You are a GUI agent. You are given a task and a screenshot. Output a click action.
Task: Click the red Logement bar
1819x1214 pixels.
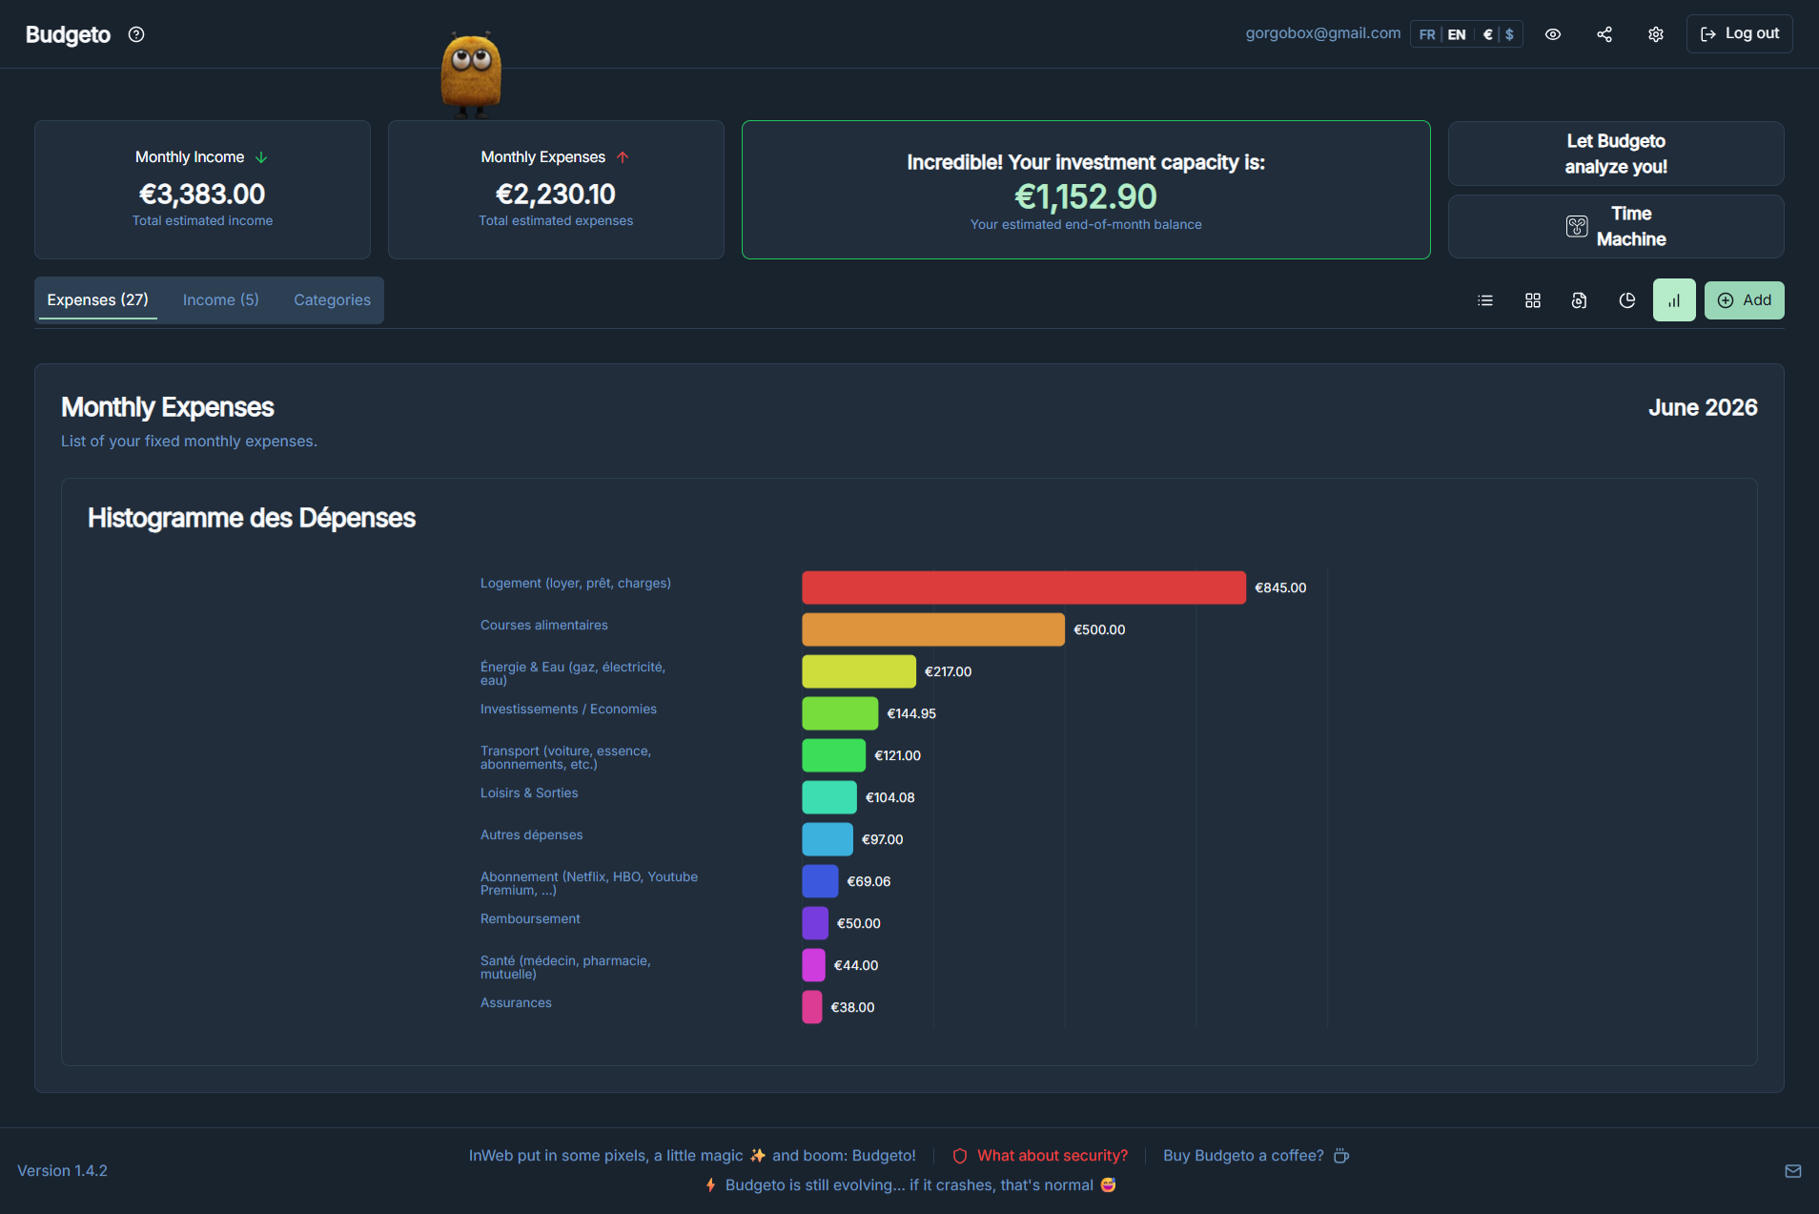click(1024, 587)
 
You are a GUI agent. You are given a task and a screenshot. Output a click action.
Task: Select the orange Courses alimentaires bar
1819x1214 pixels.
click(933, 629)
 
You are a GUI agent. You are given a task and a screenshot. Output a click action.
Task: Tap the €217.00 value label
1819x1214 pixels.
click(948, 671)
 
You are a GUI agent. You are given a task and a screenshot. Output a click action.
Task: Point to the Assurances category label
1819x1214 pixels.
click(516, 1002)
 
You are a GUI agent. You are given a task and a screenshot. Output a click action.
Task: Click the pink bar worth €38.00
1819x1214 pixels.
click(812, 1007)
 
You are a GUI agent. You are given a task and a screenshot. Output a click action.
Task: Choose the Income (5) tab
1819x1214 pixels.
click(220, 299)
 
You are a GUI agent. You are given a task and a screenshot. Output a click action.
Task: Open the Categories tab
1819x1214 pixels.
click(332, 299)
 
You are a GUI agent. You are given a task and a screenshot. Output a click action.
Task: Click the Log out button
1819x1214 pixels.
click(1739, 33)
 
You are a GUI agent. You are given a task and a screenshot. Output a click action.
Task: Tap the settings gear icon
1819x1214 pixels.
click(1656, 34)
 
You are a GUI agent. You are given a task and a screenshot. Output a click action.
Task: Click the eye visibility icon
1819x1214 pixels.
click(1553, 34)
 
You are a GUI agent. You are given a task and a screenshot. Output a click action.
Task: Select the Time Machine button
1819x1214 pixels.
click(1616, 226)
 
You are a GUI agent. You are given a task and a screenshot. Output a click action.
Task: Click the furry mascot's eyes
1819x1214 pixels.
click(471, 60)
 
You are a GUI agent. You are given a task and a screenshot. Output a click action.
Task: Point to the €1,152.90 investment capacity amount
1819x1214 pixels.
click(1086, 196)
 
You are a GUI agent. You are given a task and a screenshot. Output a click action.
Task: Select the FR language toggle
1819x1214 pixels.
click(1426, 34)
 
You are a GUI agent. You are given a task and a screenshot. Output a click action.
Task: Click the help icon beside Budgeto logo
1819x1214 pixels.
click(136, 34)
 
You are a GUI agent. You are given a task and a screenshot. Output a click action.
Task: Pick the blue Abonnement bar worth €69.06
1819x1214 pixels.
click(820, 881)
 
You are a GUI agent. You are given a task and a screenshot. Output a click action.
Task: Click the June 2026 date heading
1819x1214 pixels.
click(1703, 407)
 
